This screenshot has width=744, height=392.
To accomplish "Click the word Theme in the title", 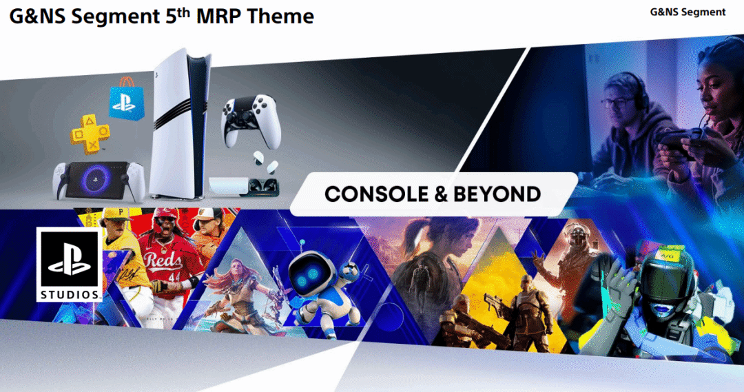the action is (280, 16).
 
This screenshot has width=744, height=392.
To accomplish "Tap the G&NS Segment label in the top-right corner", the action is (688, 12).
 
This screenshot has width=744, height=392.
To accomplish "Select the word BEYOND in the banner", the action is (497, 194).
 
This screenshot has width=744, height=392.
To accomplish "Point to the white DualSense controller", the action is (251, 121).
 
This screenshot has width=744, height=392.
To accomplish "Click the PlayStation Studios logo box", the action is (70, 265).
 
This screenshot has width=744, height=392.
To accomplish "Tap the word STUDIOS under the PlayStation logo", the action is (70, 295).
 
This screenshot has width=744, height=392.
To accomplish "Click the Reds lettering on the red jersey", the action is (163, 260).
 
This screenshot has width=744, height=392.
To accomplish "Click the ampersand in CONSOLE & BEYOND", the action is (441, 194).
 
